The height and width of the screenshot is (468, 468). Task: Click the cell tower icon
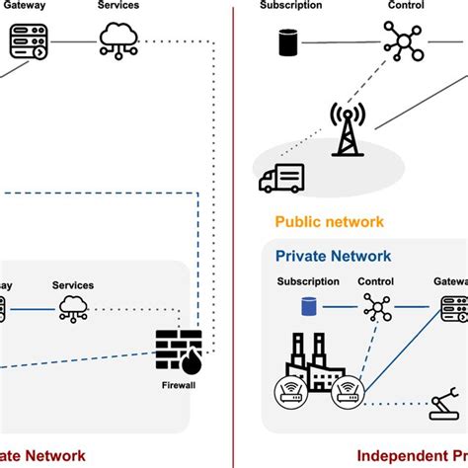click(x=347, y=128)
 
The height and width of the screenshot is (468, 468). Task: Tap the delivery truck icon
click(x=281, y=179)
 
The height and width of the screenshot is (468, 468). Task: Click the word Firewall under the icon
click(x=177, y=385)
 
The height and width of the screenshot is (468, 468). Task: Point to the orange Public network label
click(x=329, y=222)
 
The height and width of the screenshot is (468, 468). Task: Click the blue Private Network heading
click(x=333, y=256)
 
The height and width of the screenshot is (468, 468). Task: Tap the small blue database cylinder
click(x=308, y=310)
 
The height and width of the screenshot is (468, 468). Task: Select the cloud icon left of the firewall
click(x=73, y=310)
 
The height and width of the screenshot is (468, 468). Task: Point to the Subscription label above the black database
click(x=290, y=6)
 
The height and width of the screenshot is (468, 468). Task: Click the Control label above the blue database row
click(x=376, y=281)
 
